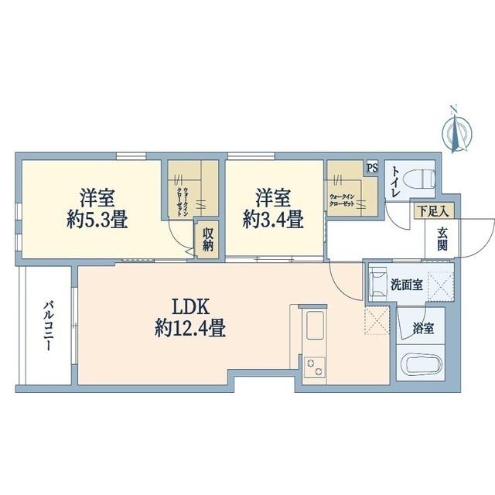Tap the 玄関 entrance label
tap(442, 239)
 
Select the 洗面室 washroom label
tap(406, 285)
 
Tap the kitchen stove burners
tap(316, 366)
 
